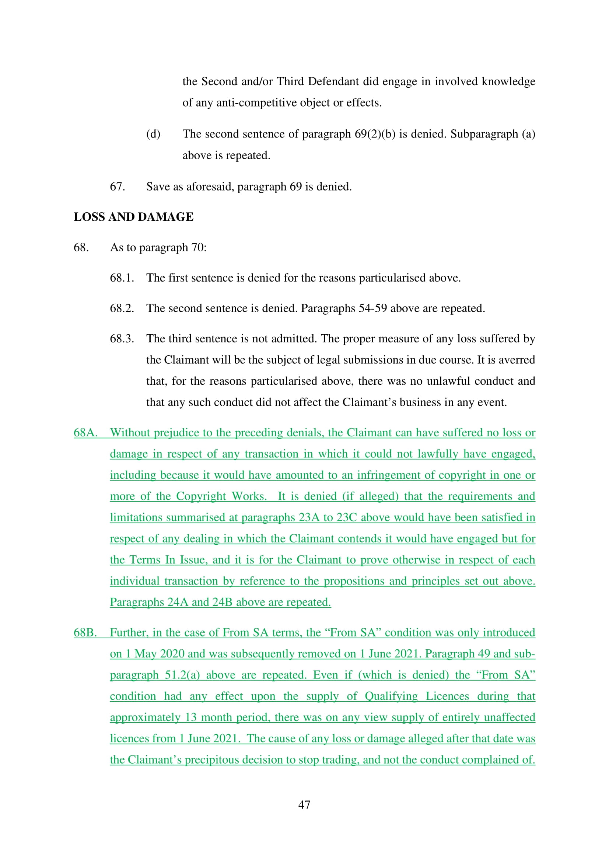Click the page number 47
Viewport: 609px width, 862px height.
coord(304,805)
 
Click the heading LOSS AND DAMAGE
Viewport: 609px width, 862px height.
coord(134,217)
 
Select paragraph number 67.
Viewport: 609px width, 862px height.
coord(117,186)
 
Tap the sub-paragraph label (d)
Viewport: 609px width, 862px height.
coord(153,134)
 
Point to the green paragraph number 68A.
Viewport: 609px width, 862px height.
coord(85,433)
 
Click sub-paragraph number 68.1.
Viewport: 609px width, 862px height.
coord(122,278)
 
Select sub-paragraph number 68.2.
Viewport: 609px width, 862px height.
coord(122,308)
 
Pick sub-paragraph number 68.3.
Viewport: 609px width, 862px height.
coord(122,339)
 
